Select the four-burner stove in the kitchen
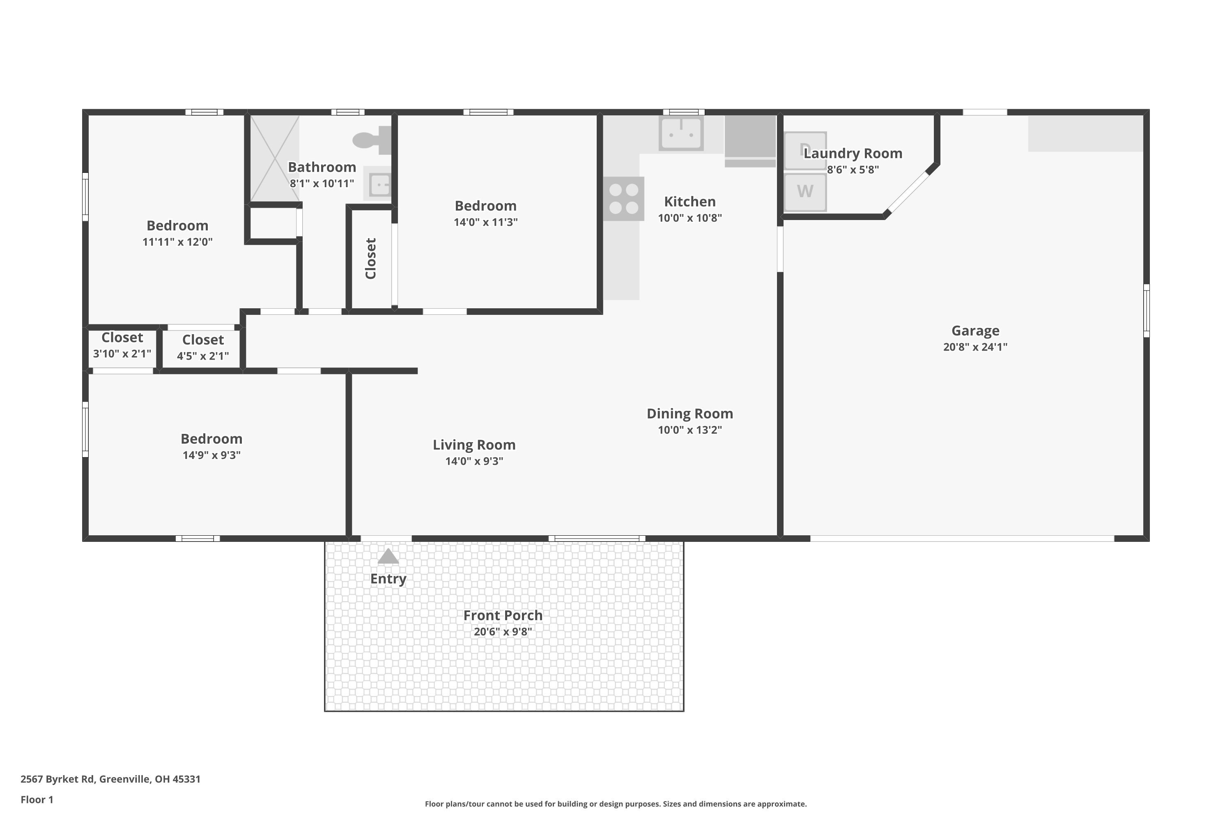[623, 199]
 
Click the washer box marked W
[805, 192]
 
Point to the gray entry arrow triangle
[388, 556]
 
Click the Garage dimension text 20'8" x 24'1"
[975, 346]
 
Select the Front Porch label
[502, 615]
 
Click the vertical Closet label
[371, 259]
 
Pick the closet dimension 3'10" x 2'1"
[122, 353]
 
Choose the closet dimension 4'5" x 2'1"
[203, 356]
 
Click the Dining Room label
[690, 414]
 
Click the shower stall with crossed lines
[274, 158]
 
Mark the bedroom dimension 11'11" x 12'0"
[177, 242]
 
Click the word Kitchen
[690, 202]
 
